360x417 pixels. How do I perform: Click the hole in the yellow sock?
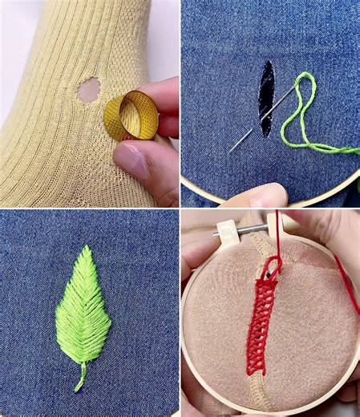(88, 90)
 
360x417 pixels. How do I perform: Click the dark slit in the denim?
(266, 97)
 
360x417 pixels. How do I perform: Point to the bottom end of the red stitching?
(255, 370)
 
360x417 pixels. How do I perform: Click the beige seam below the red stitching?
(258, 393)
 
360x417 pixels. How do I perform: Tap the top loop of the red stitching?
(273, 265)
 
